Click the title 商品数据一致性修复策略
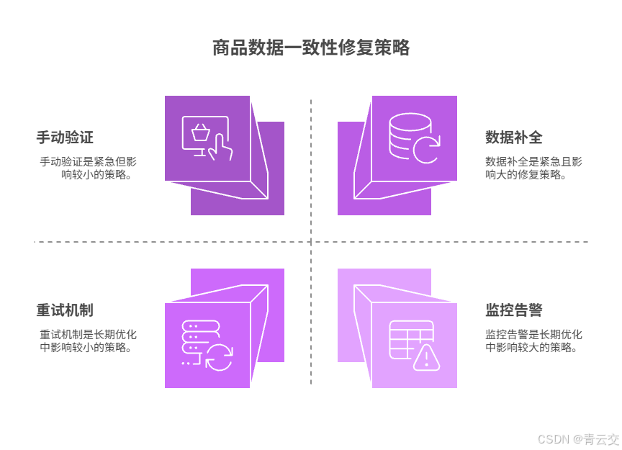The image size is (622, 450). (x=311, y=48)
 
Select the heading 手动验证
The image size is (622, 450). (x=65, y=137)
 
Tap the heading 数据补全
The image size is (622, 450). (x=513, y=137)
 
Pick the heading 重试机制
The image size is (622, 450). (x=65, y=310)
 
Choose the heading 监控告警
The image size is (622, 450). (x=513, y=310)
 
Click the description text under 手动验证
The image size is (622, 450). (x=87, y=168)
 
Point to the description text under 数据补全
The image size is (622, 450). (x=533, y=168)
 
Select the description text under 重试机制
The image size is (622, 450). (x=87, y=341)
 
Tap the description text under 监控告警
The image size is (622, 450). (x=533, y=341)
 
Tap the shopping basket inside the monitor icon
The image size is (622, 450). (x=200, y=132)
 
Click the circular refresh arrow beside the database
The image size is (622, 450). (x=426, y=150)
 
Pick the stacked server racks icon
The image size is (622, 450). (x=192, y=338)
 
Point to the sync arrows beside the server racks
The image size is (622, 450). (x=219, y=357)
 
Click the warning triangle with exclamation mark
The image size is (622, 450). (x=426, y=357)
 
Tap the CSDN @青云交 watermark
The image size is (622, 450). (x=577, y=438)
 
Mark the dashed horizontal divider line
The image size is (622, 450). (x=144, y=242)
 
